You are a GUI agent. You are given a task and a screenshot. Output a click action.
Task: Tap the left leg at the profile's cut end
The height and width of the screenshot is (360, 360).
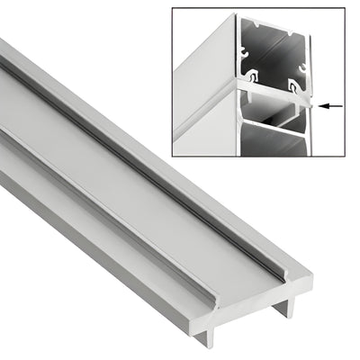click(x=209, y=334)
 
